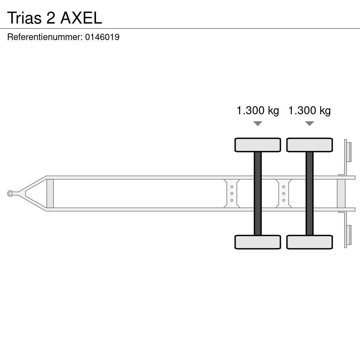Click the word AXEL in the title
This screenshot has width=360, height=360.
click(81, 18)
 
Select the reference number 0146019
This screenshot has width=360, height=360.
click(102, 37)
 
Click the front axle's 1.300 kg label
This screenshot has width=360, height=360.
click(258, 110)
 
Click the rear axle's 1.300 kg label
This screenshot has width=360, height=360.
click(309, 110)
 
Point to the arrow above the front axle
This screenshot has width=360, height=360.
click(258, 123)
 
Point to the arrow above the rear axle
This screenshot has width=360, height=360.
click(309, 123)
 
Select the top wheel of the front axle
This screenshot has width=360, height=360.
click(258, 145)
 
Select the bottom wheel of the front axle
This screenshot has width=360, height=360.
click(258, 242)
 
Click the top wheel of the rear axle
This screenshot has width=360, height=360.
click(309, 145)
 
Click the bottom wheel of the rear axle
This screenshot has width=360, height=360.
click(309, 242)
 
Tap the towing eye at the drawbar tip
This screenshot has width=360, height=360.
click(10, 193)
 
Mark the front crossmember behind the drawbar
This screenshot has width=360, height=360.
click(50, 193)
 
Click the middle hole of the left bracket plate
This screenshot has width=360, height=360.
click(232, 193)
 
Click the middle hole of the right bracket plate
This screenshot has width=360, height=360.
click(283, 193)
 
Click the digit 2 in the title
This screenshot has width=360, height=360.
click(51, 18)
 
